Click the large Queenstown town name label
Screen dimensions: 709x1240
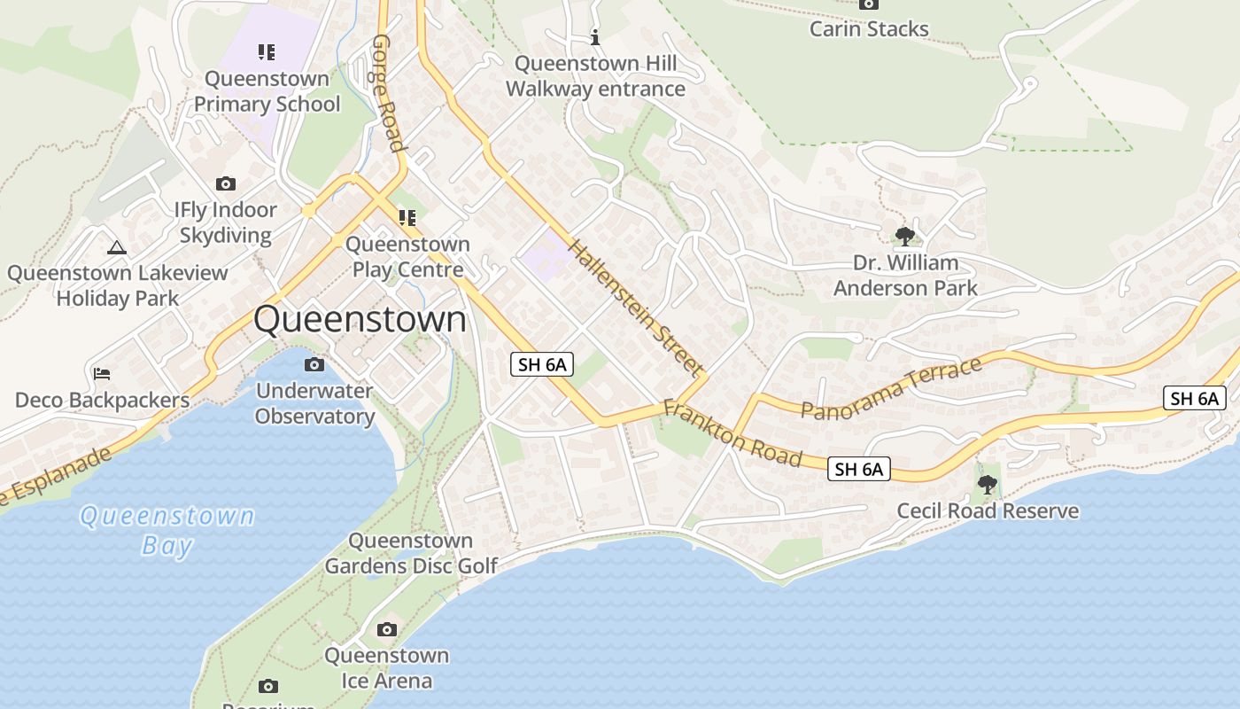click(360, 319)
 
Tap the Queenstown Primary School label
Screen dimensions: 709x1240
click(267, 91)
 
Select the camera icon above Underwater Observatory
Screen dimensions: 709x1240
click(314, 364)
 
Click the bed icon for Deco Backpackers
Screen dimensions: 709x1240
click(102, 373)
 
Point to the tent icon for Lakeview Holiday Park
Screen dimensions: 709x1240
click(116, 247)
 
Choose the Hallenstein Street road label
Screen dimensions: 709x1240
click(636, 307)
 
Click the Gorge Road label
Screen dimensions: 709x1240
click(388, 93)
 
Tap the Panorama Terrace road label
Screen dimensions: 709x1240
click(892, 387)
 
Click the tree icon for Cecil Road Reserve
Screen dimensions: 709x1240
click(987, 485)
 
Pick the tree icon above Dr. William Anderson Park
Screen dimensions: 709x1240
click(904, 236)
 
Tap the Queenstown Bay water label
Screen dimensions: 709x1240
click(167, 529)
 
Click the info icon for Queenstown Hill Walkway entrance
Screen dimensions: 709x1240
click(595, 37)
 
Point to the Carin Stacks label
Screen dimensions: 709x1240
click(869, 28)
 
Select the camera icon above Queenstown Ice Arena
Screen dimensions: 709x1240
click(387, 629)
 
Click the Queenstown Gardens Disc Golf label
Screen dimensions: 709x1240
click(411, 553)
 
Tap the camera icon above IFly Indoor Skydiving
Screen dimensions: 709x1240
click(226, 183)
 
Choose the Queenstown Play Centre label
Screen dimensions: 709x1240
click(407, 256)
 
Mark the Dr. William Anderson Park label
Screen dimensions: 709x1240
click(905, 275)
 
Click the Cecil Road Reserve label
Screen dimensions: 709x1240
click(988, 510)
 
